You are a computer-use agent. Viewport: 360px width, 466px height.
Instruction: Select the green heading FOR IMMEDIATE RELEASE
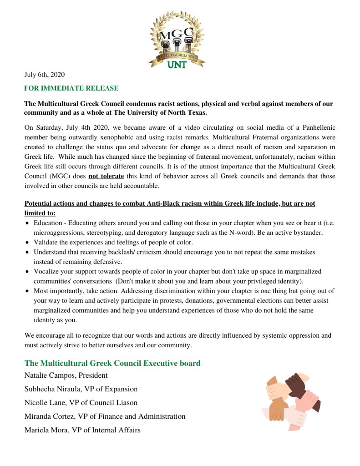(x=71, y=88)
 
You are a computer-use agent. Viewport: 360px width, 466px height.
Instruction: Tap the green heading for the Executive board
(x=112, y=363)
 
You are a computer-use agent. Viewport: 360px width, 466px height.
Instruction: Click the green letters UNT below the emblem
(x=177, y=65)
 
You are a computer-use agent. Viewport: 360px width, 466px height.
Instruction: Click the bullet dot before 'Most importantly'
(x=28, y=291)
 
